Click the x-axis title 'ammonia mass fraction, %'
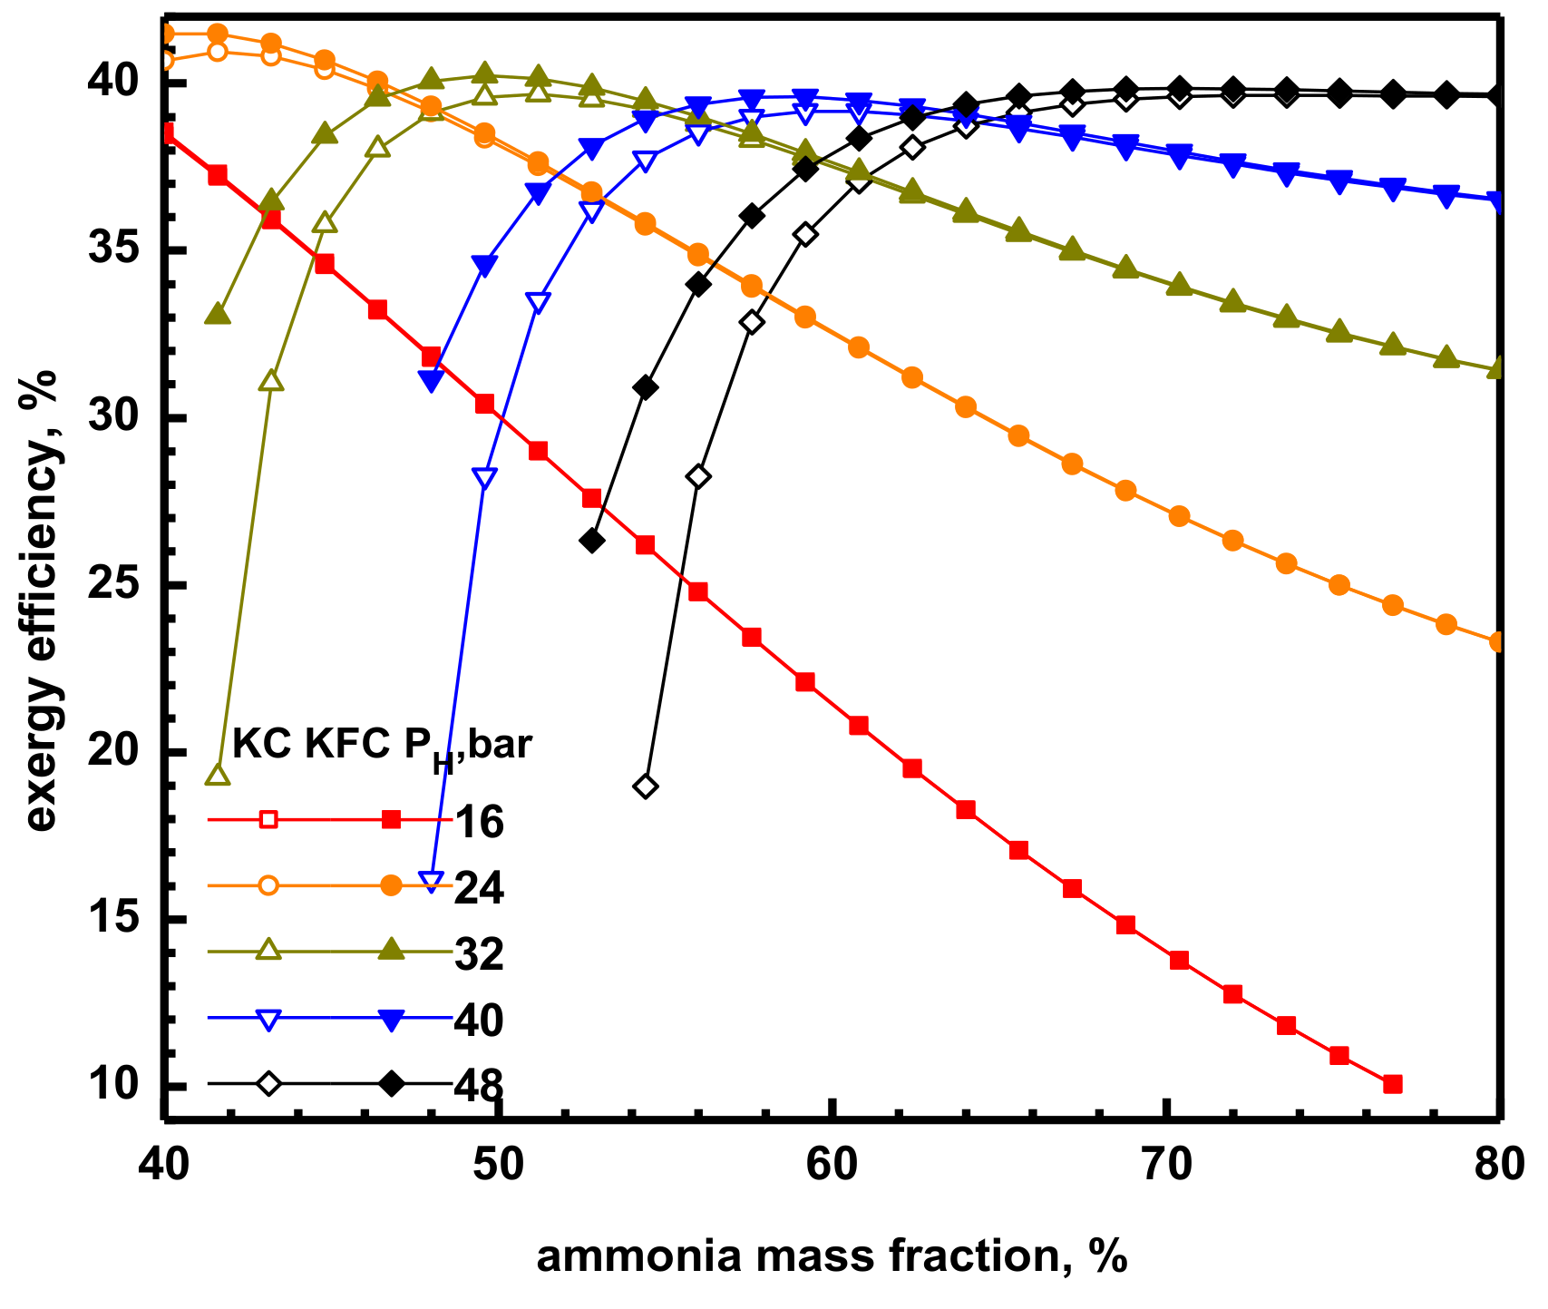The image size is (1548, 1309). coord(831,1256)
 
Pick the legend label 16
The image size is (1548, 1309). coord(479,822)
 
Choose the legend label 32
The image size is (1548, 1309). coord(479,954)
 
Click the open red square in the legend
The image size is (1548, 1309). coord(268,820)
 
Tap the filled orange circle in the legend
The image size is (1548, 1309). coord(391,886)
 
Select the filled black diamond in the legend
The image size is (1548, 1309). coord(391,1083)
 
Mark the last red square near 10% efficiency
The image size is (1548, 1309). coord(1393,1084)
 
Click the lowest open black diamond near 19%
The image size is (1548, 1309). coord(646,786)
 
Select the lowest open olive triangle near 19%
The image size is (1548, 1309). coord(219,776)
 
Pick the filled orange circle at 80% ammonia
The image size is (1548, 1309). coord(1498,641)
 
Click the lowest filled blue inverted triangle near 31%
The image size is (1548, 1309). coord(432,382)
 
